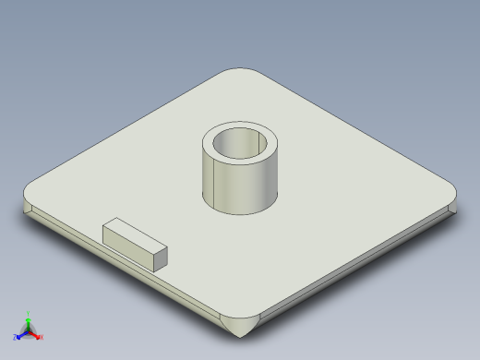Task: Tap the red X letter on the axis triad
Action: [42, 337]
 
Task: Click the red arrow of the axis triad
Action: [36, 334]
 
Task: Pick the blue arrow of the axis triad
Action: [21, 334]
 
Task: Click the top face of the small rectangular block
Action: [135, 234]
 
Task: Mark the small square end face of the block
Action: [161, 258]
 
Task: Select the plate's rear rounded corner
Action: [242, 72]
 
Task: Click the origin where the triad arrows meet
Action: [29, 330]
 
